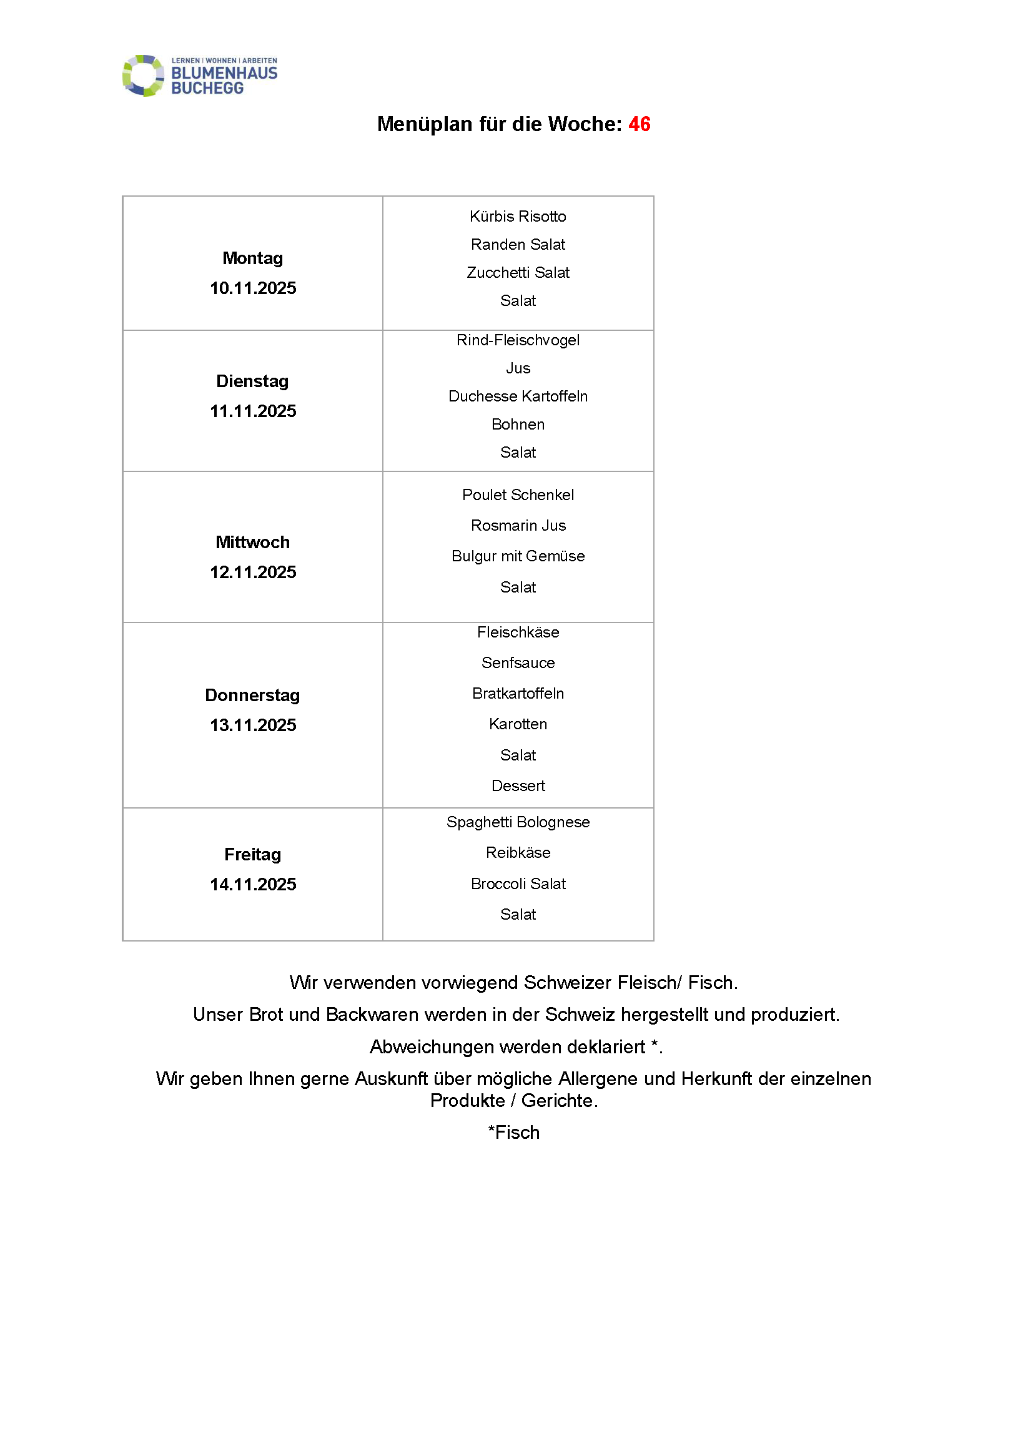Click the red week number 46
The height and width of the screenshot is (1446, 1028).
pyautogui.click(x=640, y=124)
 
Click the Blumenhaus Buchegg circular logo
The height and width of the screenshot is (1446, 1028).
pyautogui.click(x=143, y=76)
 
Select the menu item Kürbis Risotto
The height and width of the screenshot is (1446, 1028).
pyautogui.click(x=518, y=217)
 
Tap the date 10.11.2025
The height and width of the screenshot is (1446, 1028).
pyautogui.click(x=253, y=288)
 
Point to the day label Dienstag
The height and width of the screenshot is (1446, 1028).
pyautogui.click(x=252, y=381)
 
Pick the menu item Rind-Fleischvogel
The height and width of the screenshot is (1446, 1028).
pyautogui.click(x=518, y=340)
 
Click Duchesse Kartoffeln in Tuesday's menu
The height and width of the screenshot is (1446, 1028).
pyautogui.click(x=518, y=396)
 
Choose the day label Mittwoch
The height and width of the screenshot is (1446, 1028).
pyautogui.click(x=252, y=543)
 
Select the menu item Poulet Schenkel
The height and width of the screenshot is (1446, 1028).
pyautogui.click(x=518, y=495)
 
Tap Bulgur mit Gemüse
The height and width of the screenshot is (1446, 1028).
pyautogui.click(x=518, y=556)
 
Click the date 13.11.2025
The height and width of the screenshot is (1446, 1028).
pyautogui.click(x=253, y=725)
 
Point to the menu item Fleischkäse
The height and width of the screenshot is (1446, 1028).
pyautogui.click(x=518, y=632)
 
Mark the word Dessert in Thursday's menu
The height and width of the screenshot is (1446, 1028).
pyautogui.click(x=518, y=786)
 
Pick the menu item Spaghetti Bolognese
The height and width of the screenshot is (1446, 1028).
pyautogui.click(x=518, y=822)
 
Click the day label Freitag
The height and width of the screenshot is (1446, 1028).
pyautogui.click(x=252, y=855)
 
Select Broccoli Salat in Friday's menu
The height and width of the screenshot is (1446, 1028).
pyautogui.click(x=518, y=884)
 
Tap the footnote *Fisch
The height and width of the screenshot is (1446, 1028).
pyautogui.click(x=514, y=1133)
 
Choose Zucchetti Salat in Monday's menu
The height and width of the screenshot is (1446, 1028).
pyautogui.click(x=518, y=273)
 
